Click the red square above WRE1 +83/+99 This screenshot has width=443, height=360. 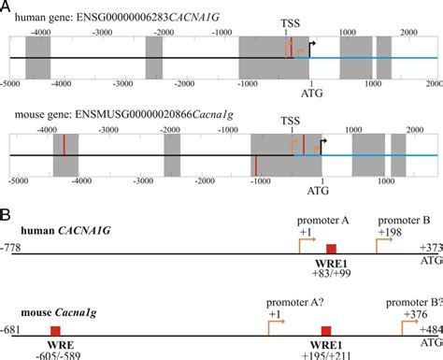pos(330,248)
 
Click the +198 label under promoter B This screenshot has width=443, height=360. pos(390,232)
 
